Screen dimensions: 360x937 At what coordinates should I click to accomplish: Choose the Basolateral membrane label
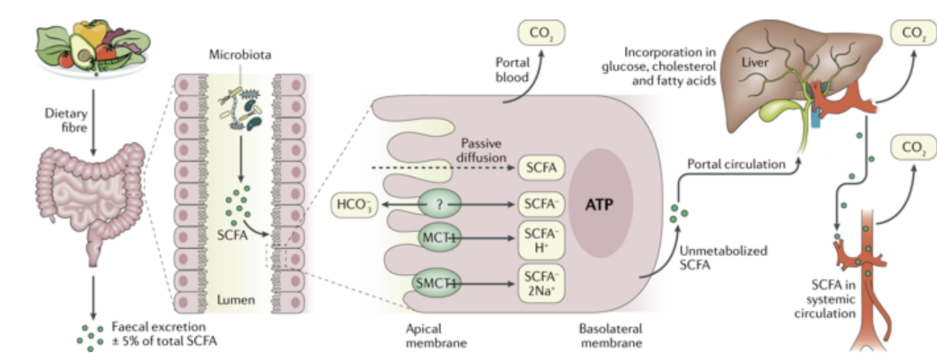[610, 336]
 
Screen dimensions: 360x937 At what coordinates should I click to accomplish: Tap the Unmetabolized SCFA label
[714, 258]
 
